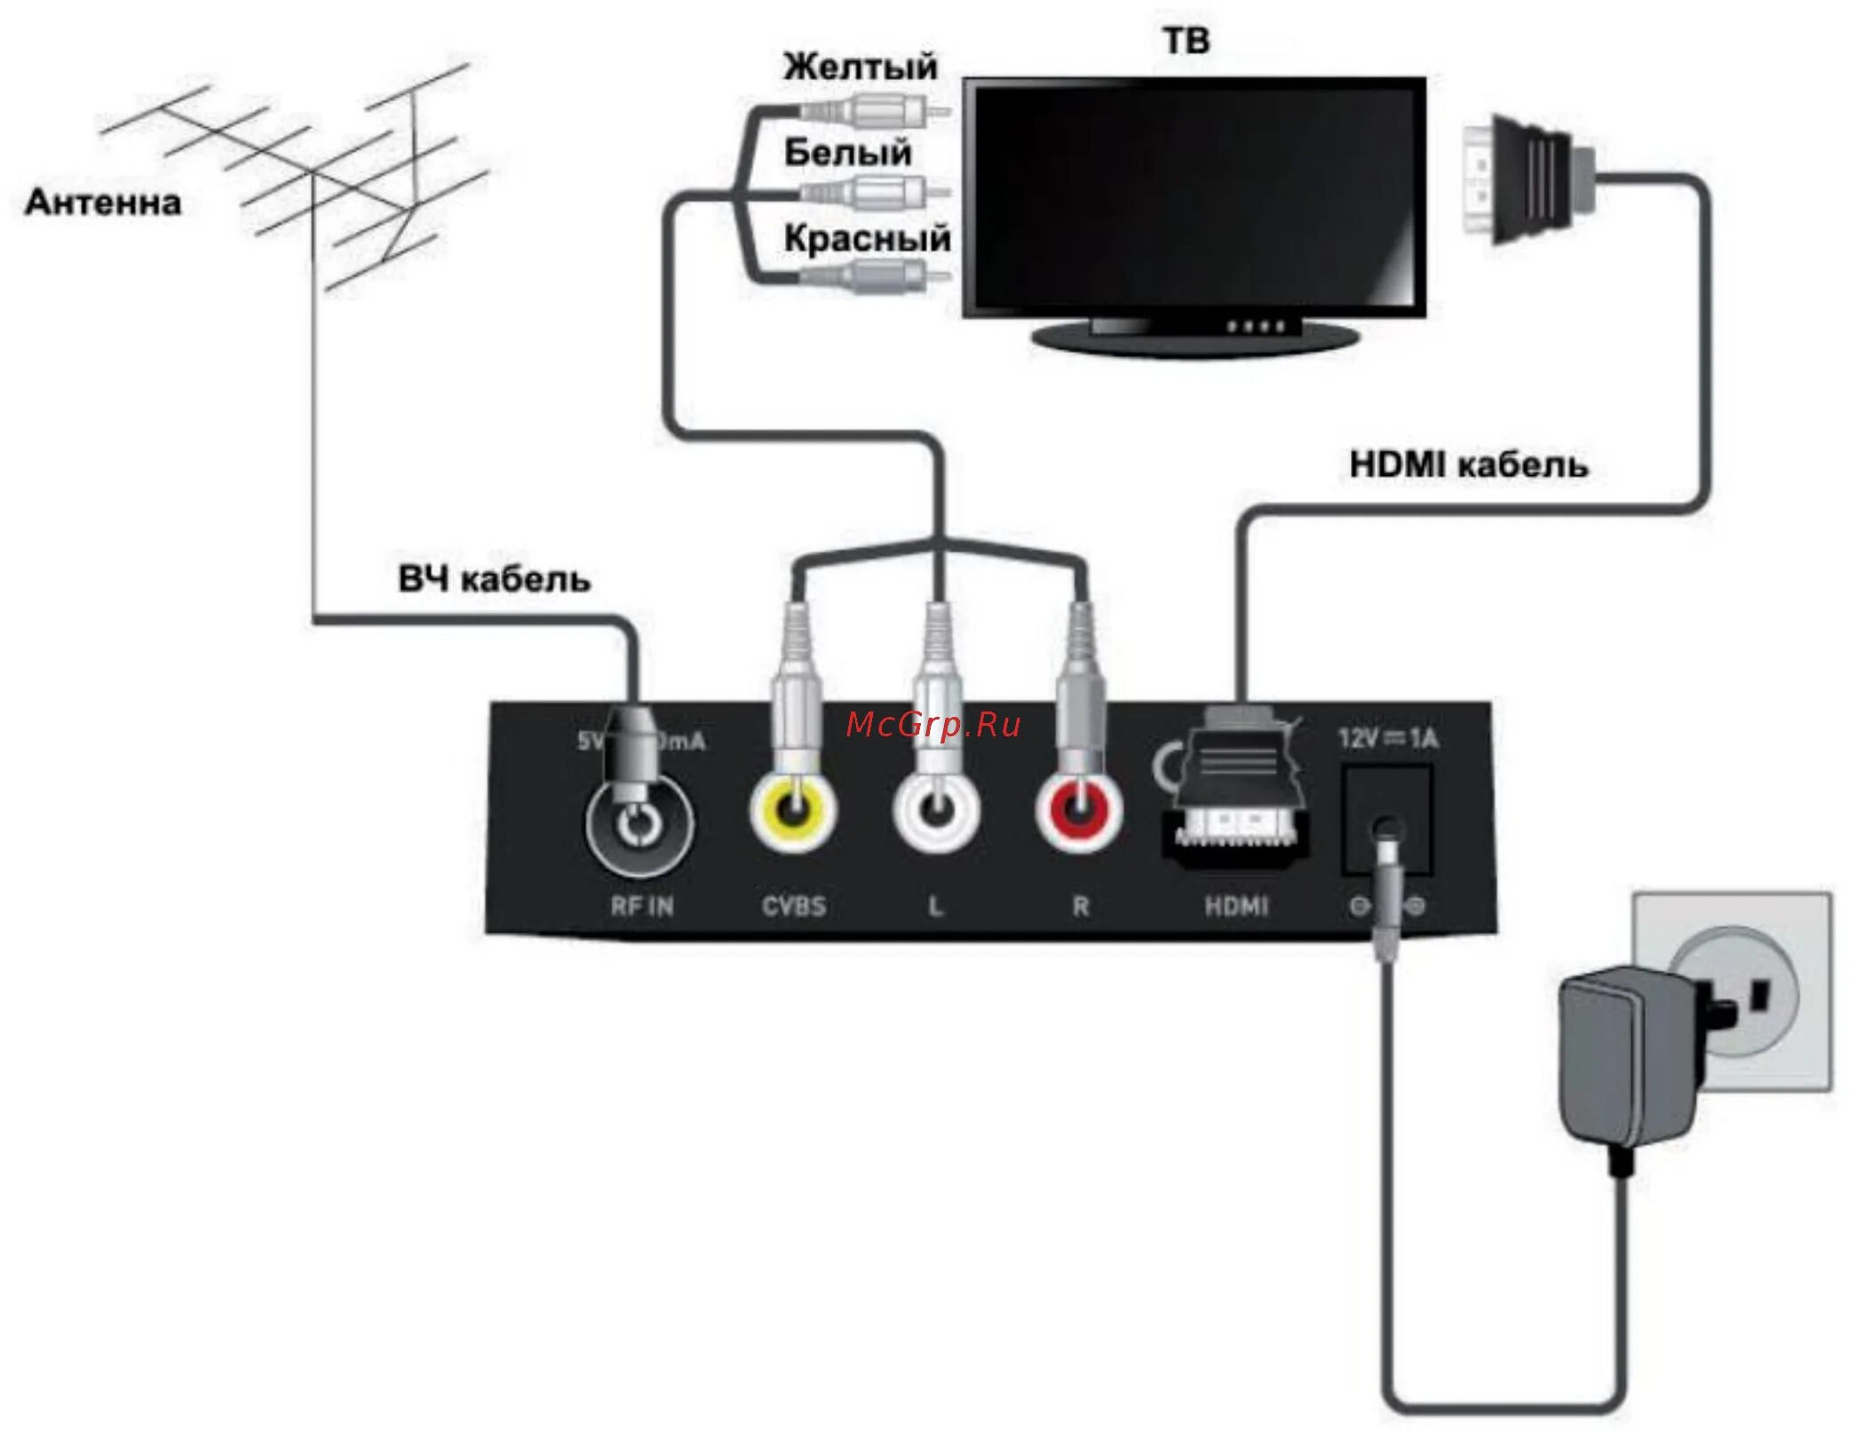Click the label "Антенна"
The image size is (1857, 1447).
(x=103, y=203)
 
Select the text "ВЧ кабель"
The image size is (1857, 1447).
(x=494, y=579)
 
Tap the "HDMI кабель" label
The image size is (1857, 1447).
(x=1468, y=465)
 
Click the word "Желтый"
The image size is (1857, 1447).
(x=860, y=67)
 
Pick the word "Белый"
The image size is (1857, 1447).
(x=847, y=153)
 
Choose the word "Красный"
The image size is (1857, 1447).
(x=867, y=238)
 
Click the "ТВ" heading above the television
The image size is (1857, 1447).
(x=1186, y=41)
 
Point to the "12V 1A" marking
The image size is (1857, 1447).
(x=1388, y=738)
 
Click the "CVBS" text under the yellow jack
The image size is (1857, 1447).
(x=794, y=906)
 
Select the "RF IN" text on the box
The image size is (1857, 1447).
(x=642, y=906)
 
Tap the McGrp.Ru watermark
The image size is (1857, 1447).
(x=933, y=725)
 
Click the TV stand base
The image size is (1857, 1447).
(x=1195, y=338)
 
